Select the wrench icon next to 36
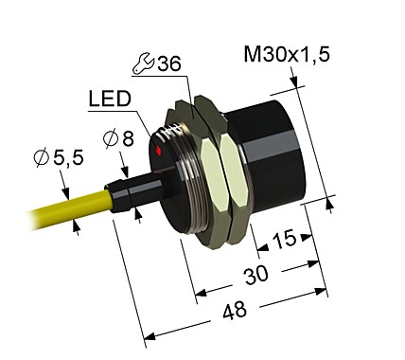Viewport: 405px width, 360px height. (141, 64)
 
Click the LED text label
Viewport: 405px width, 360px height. (110, 99)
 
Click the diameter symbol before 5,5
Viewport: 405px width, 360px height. (42, 158)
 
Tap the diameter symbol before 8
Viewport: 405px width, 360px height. (109, 138)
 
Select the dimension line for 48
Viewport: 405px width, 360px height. (237, 312)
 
